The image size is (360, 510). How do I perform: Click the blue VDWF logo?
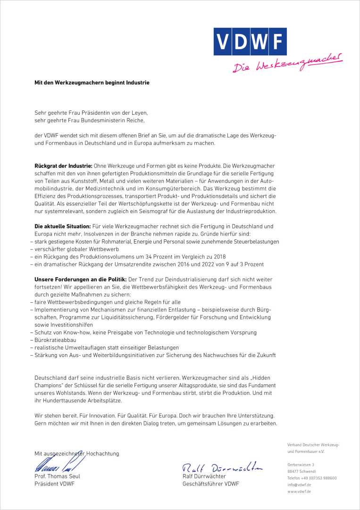coord(250,42)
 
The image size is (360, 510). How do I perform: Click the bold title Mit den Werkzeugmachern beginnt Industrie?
coord(92,83)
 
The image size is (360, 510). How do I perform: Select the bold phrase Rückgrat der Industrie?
coord(63,166)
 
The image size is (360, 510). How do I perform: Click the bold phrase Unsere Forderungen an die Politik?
coord(80,280)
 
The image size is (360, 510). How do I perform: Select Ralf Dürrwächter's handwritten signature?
coord(222,468)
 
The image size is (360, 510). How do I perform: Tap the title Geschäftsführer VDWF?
coord(210,484)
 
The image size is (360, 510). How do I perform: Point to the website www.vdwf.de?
coord(299,492)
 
